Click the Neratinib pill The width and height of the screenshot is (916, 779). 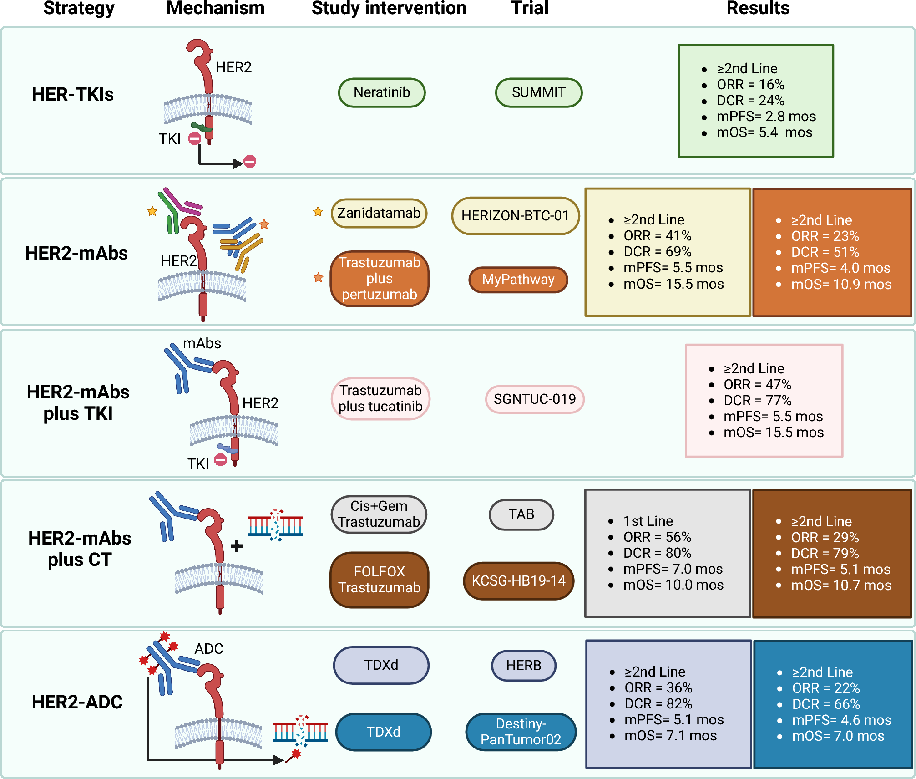[x=382, y=92]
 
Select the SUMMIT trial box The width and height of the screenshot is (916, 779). [x=538, y=92]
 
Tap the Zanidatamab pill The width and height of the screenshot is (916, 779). [x=379, y=213]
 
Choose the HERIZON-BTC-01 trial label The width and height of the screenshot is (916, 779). [x=515, y=215]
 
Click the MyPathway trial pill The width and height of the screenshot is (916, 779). [x=518, y=279]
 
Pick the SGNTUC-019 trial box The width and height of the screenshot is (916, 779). [x=535, y=399]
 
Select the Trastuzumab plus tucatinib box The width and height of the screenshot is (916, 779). [x=380, y=398]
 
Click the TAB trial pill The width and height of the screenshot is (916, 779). [x=521, y=514]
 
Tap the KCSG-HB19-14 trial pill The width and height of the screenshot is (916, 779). [x=518, y=580]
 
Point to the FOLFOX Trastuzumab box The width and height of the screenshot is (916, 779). [x=380, y=580]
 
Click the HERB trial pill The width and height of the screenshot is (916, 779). [x=523, y=665]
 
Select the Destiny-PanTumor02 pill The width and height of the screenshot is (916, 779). [x=521, y=731]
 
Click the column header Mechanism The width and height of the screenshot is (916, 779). [x=215, y=8]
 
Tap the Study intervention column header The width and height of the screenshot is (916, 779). [x=389, y=8]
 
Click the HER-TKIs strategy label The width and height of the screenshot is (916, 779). [x=73, y=94]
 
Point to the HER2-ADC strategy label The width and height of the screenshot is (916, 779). [x=77, y=702]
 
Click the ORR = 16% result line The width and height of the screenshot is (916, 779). [x=750, y=85]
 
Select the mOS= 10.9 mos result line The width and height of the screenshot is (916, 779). [x=841, y=285]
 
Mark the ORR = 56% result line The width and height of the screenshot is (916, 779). [x=657, y=537]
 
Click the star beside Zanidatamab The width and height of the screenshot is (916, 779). [x=318, y=212]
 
